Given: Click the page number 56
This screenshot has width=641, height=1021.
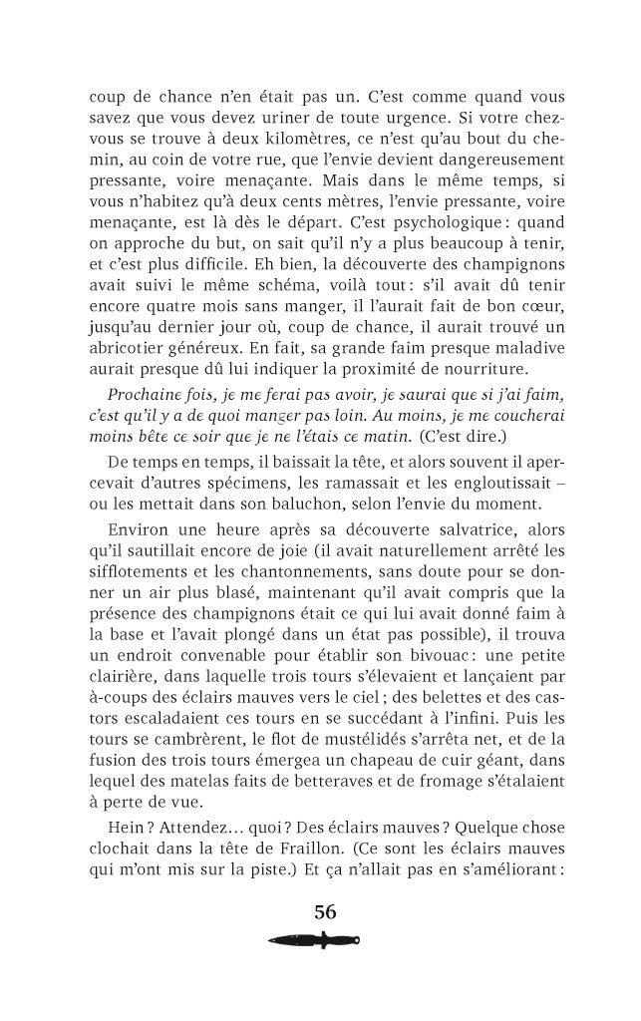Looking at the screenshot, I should point(325,911).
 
